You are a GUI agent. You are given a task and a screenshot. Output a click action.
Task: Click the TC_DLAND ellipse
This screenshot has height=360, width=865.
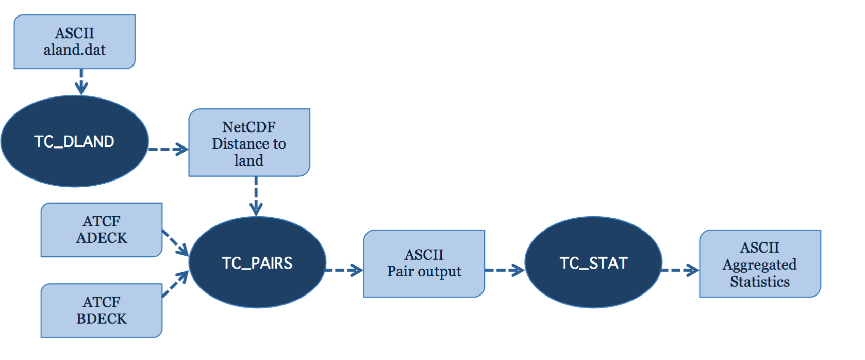(75, 141)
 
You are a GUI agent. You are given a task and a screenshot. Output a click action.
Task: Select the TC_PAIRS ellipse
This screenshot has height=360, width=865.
(257, 263)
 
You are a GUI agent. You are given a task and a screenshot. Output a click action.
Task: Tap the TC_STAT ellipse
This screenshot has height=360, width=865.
(593, 263)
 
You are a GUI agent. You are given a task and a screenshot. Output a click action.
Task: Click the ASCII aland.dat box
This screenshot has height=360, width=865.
(75, 42)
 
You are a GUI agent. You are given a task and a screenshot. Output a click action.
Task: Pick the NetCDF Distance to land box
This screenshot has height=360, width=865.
(249, 142)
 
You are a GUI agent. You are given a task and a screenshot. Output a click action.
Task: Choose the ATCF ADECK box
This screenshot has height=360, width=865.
(102, 230)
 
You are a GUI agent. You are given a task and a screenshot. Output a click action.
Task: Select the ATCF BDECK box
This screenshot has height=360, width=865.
(102, 310)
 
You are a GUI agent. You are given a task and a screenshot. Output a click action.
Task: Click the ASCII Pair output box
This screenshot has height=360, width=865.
(424, 264)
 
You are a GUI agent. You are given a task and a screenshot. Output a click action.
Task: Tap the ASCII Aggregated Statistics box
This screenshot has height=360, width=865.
(760, 264)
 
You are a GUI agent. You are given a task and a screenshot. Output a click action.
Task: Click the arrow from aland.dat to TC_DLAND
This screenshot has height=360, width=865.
(81, 82)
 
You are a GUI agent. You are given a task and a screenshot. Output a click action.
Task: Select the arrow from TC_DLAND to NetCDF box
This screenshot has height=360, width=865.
(169, 149)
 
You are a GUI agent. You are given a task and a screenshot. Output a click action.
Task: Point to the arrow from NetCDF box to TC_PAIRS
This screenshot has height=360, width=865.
(256, 196)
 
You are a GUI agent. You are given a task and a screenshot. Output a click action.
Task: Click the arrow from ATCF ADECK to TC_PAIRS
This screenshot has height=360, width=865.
(175, 243)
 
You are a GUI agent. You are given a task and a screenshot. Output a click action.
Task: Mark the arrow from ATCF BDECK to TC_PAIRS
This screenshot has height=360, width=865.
(175, 284)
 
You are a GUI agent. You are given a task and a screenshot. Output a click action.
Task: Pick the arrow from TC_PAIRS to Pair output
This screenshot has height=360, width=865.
(344, 270)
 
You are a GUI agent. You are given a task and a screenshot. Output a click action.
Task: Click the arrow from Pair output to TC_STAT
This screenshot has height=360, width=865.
(505, 270)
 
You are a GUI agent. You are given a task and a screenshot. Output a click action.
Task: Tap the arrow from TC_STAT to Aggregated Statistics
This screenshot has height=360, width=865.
(680, 270)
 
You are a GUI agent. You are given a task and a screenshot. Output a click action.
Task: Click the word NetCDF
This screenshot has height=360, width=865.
(248, 127)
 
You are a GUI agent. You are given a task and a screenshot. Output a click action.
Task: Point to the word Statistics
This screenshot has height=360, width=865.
(760, 281)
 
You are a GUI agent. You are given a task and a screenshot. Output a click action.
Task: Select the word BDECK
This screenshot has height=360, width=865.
(102, 319)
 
